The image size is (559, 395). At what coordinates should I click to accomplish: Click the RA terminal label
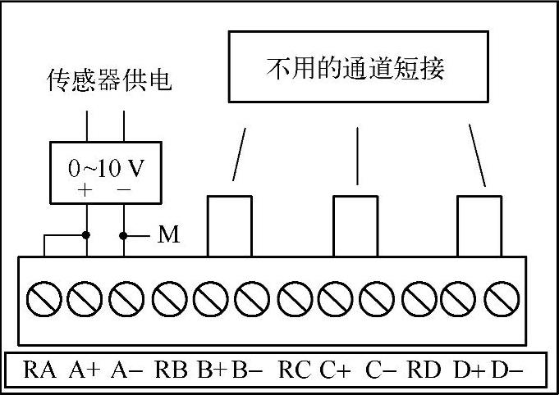tap(40, 370)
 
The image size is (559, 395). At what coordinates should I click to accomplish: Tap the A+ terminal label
tap(85, 370)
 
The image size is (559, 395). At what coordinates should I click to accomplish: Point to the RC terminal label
tap(295, 370)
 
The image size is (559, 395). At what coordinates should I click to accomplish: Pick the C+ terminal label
tap(336, 370)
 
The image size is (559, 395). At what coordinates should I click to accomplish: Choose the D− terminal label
tap(506, 370)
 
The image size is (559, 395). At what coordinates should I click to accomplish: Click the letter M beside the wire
tap(168, 236)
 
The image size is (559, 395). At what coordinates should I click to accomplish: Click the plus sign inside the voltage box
tap(85, 189)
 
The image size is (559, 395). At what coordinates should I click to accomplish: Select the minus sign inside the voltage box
tap(124, 189)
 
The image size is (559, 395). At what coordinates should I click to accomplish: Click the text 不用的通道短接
tap(355, 69)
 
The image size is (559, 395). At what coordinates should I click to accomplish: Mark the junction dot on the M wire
tap(124, 236)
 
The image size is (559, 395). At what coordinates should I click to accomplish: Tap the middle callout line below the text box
tap(357, 156)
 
